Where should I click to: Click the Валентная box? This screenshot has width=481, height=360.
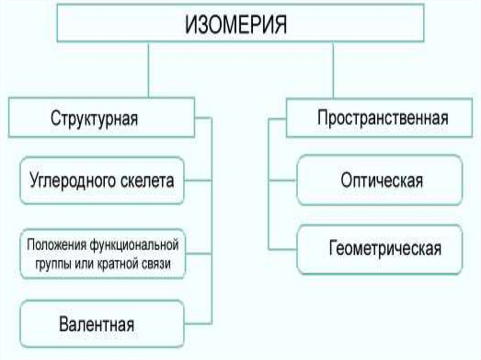96,324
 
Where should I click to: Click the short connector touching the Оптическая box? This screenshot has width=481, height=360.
283,180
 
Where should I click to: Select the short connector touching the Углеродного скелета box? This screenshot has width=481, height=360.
198,180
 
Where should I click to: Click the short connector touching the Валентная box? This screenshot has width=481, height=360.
198,324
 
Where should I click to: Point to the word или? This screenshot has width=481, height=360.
83,263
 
